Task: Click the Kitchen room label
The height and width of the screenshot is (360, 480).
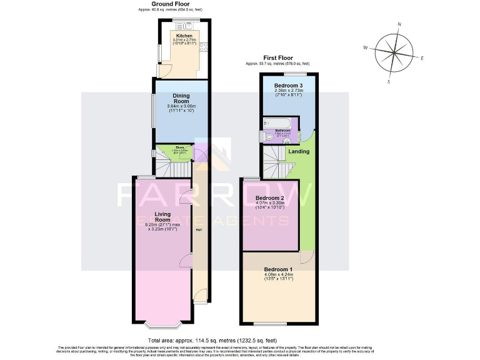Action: (184, 36)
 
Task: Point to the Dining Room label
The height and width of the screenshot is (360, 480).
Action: (181, 98)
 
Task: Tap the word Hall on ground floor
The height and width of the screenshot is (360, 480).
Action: (199, 231)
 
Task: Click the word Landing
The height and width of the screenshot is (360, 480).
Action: (298, 151)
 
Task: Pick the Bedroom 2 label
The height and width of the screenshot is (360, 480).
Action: (270, 198)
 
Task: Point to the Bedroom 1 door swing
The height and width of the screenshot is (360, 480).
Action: (306, 257)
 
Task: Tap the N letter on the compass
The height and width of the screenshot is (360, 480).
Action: (399, 24)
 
